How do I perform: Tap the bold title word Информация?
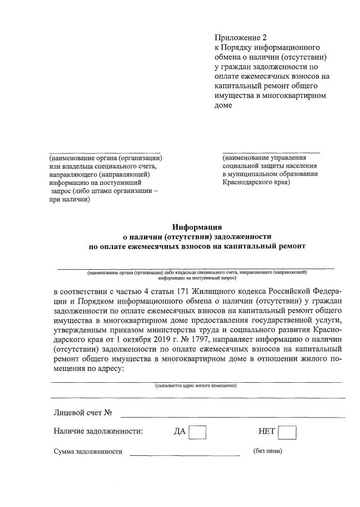[196, 227]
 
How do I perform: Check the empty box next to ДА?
[197, 432]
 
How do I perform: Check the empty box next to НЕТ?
[287, 432]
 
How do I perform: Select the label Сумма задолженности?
[88, 452]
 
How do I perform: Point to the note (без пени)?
[268, 451]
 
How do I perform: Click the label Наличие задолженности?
[98, 432]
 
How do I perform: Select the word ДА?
[180, 432]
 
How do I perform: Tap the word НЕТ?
[267, 432]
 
